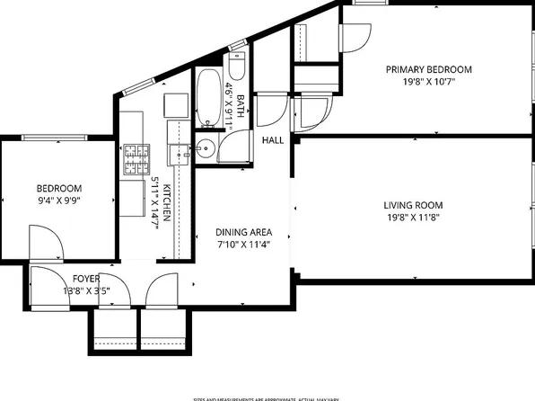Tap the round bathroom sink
pos(206,150)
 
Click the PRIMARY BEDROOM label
pos(428,69)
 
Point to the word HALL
pos(273,141)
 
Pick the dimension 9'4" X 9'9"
pos(58,200)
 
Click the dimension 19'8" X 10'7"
pos(428,82)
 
